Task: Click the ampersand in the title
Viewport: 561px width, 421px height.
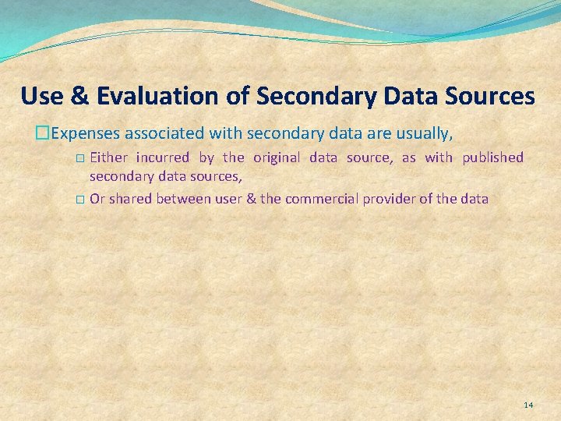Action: (79, 96)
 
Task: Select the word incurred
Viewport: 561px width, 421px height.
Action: (162, 157)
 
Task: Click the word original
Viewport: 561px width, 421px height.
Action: (277, 157)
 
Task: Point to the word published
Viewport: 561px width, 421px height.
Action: (492, 157)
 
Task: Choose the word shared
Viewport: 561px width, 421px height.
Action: (130, 199)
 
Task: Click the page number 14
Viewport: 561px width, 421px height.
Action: (528, 405)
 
